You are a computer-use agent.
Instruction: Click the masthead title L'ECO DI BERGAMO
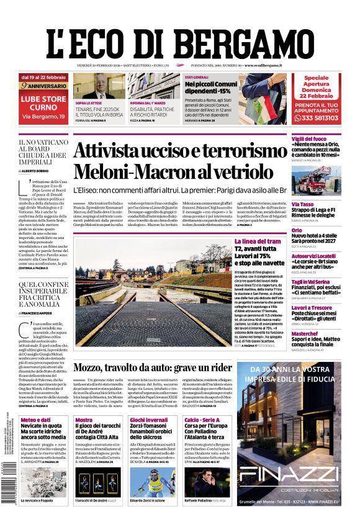click(179, 38)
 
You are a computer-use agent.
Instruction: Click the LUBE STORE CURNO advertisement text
click(44, 102)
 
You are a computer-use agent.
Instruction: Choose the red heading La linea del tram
click(257, 241)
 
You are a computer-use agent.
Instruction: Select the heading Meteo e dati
click(35, 420)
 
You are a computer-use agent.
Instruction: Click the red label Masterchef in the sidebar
click(306, 333)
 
